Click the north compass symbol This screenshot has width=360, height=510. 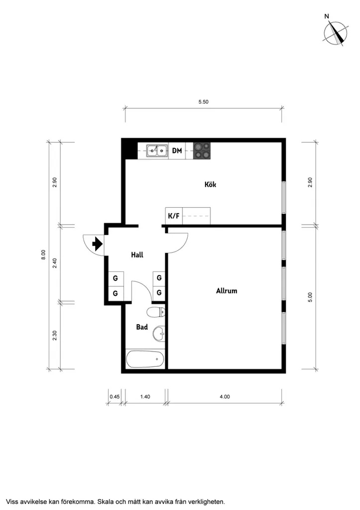coord(335,33)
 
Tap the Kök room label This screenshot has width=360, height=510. coord(211,184)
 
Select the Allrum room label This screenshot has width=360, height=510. coord(227,291)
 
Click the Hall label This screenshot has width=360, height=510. coord(137,255)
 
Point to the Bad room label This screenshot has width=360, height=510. coord(142,327)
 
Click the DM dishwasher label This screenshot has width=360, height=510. coord(177,150)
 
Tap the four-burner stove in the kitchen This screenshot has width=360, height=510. coord(202,151)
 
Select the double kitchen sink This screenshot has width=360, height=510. coord(157,151)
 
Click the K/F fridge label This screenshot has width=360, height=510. coord(174,216)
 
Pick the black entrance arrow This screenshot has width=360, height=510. coord(98,244)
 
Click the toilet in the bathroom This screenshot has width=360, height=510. coord(156,313)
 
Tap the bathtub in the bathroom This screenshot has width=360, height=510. coord(145,359)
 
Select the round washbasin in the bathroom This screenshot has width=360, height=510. coord(159,333)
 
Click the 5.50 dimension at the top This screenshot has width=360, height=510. coord(204,102)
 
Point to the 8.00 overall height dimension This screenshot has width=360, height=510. coord(43,255)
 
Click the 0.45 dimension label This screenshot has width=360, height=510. coord(115,397)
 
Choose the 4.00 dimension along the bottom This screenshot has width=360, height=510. coord(225,397)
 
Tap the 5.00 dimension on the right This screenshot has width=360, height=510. coord(310,297)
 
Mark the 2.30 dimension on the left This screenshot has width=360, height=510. coord(55,336)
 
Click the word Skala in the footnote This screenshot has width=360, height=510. coord(105,502)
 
